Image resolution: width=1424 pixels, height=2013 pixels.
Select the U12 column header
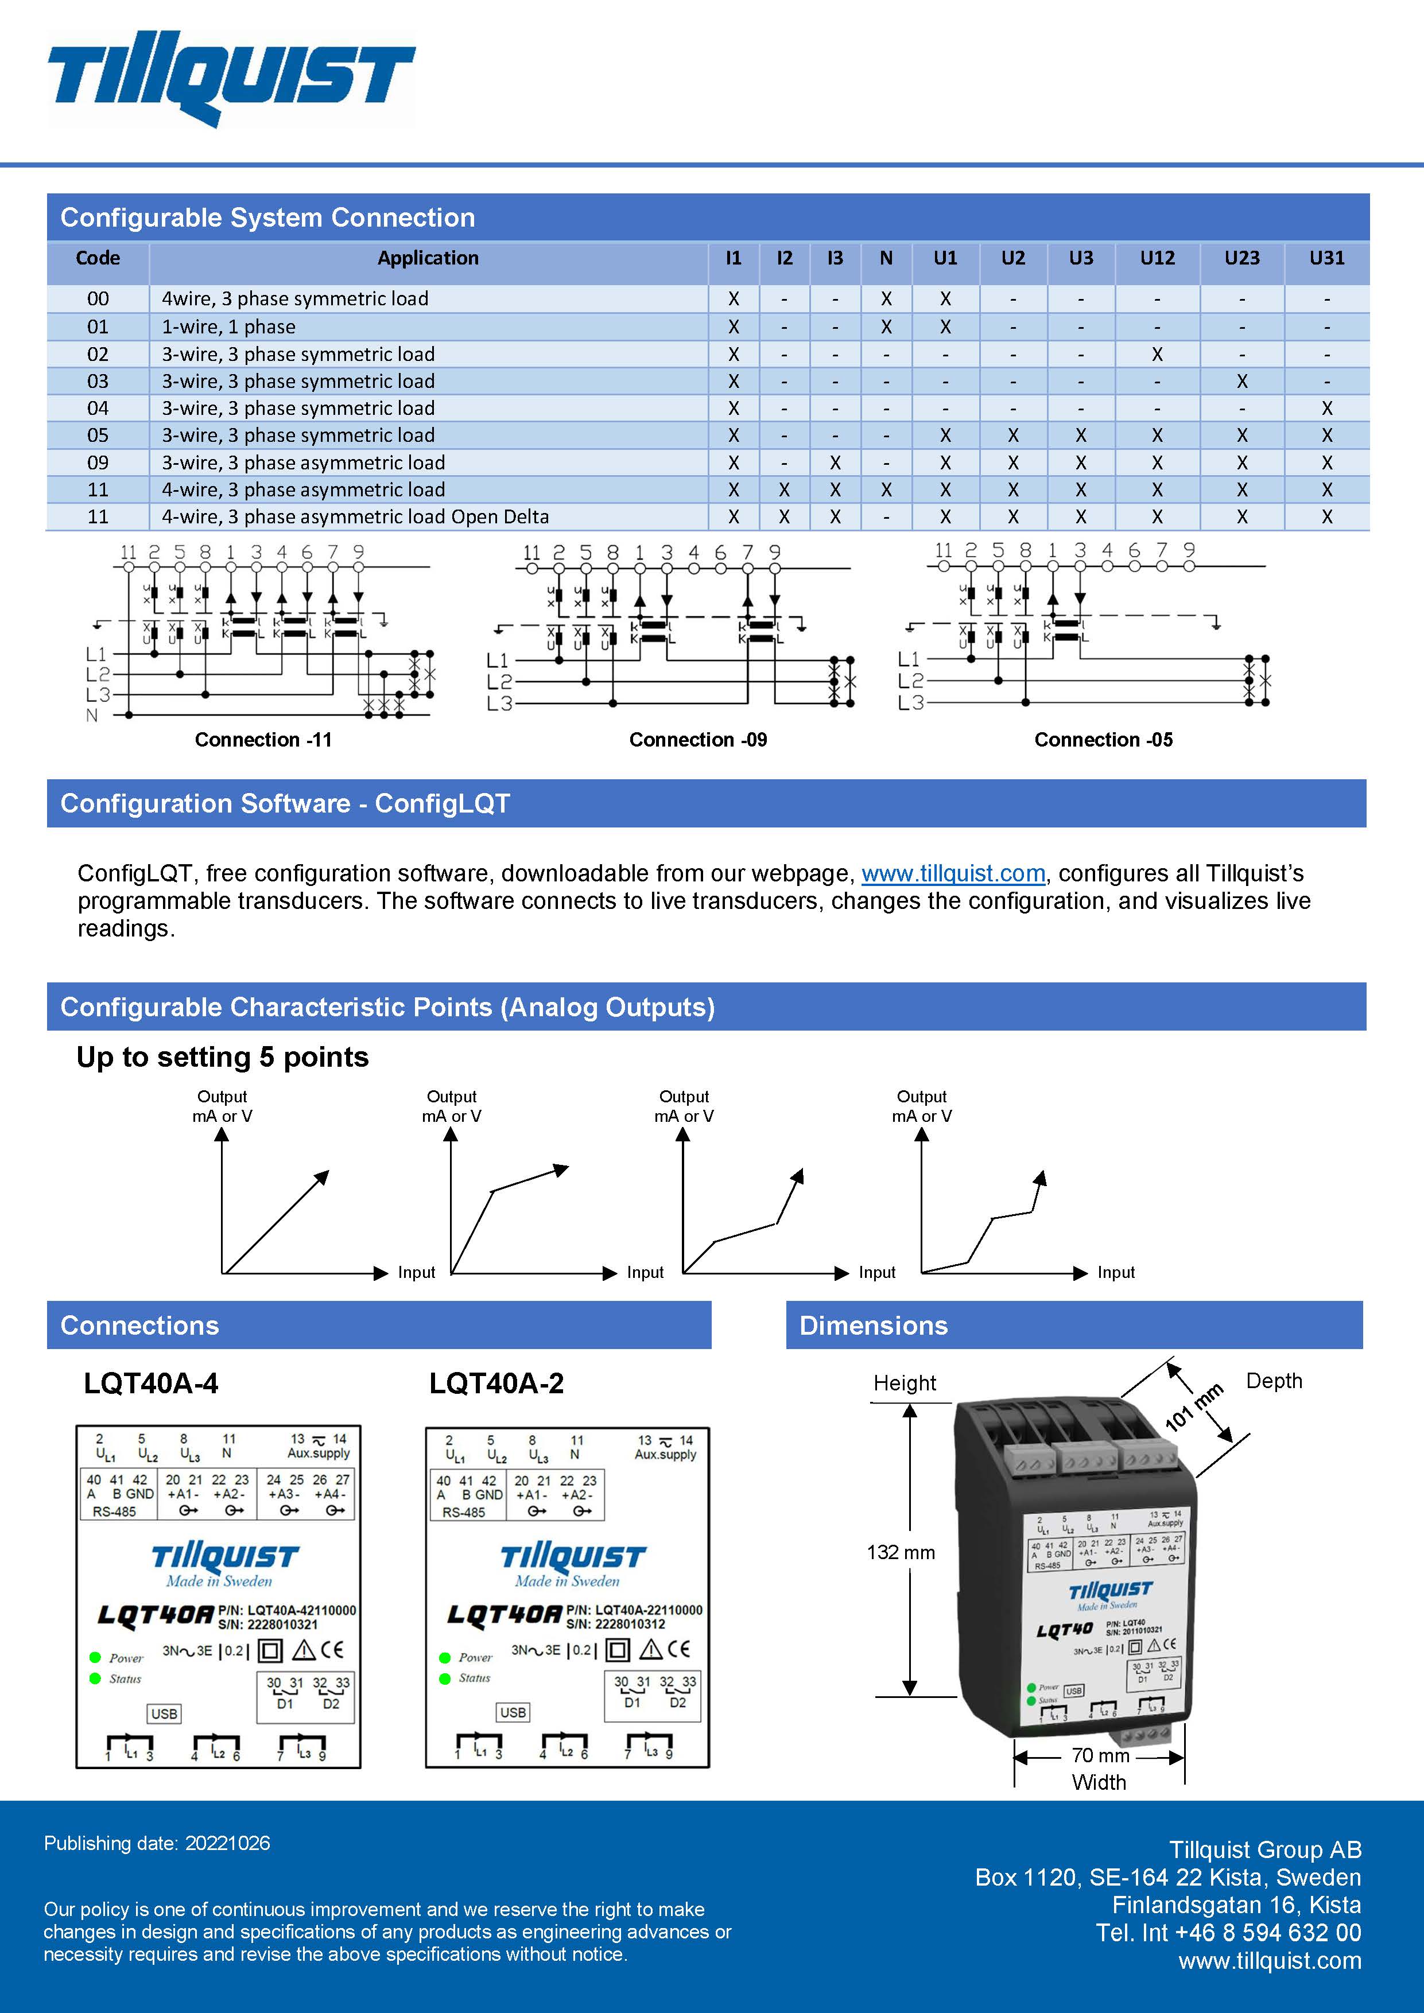tap(1157, 258)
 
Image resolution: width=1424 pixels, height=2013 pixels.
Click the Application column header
tap(428, 258)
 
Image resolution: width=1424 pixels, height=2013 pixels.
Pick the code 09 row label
tap(98, 462)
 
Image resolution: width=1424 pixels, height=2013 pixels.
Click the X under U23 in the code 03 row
tap(1241, 382)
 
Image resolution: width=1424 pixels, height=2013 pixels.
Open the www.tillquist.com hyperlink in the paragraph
tap(953, 873)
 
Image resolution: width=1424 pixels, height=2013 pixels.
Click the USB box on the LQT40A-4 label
tap(164, 1713)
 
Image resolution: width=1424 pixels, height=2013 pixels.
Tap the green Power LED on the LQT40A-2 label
tap(445, 1657)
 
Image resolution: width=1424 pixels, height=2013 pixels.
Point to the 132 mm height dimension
tap(901, 1552)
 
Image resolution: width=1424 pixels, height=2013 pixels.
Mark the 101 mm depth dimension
tap(1193, 1407)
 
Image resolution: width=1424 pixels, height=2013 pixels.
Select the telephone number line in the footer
tap(1228, 1932)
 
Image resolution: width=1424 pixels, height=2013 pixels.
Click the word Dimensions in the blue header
tap(874, 1325)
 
